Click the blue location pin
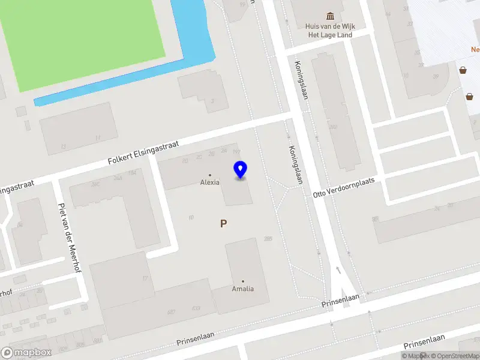coord(240,170)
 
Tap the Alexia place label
coord(209,182)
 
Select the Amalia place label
coord(242,289)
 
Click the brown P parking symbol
coord(223,224)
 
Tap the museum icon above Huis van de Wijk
coord(329,16)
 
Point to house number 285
coord(268,239)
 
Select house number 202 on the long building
coord(333,127)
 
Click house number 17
coord(145,278)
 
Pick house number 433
coord(196,308)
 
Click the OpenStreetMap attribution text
coord(453,356)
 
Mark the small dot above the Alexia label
coord(209,175)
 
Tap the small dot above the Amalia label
coord(242,281)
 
